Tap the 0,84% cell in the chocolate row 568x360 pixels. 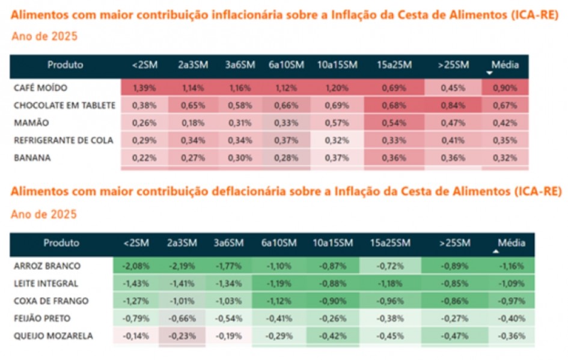(x=453, y=105)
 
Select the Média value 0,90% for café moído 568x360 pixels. (x=504, y=88)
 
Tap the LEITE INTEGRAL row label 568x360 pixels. (x=46, y=283)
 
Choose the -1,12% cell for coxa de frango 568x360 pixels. (x=278, y=301)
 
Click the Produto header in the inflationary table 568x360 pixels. (x=66, y=65)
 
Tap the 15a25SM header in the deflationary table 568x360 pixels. (x=390, y=243)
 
